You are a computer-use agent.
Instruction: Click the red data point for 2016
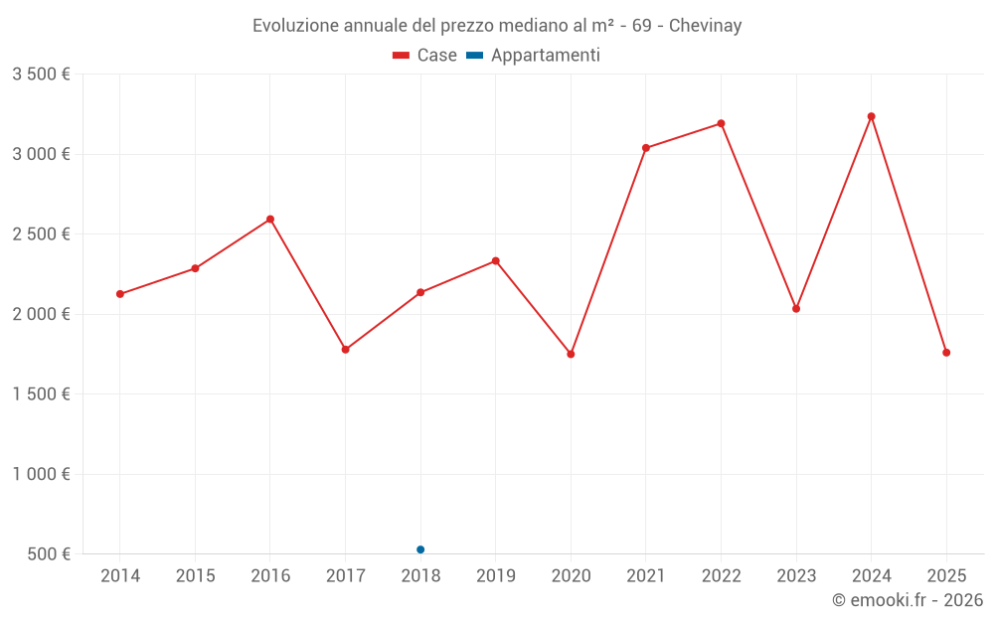point(270,220)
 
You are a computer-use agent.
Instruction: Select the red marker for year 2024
point(872,116)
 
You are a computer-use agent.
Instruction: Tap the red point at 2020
point(571,355)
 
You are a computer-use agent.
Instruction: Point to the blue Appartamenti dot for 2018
point(420,549)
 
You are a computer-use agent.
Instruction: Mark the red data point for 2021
point(646,148)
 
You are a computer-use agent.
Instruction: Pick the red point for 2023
point(796,309)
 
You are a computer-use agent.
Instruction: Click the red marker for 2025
point(946,353)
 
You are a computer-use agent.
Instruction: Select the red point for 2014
point(120,294)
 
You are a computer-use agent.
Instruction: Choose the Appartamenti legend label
point(545,56)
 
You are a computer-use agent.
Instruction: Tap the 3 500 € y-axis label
point(42,75)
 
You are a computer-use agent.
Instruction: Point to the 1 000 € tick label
point(42,474)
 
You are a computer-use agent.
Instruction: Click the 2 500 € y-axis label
point(42,234)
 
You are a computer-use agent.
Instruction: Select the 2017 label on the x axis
point(345,575)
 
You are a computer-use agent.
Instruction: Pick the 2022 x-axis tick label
point(721,575)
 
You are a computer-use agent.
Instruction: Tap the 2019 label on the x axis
point(495,575)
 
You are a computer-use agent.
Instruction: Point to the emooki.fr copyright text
point(908,600)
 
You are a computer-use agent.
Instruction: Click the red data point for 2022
point(721,123)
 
